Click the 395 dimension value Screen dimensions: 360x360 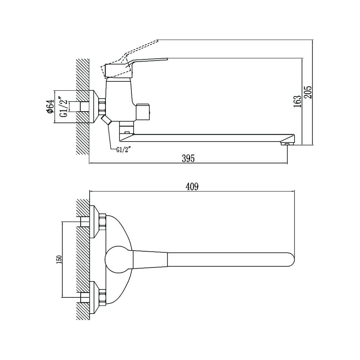point(188,158)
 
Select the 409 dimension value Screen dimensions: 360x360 point(192,187)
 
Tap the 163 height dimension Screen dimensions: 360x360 point(297,101)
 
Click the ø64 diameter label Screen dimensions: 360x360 point(50,106)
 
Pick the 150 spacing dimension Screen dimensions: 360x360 point(59,260)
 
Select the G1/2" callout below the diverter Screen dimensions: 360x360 point(123,150)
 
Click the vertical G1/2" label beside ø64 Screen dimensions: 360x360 point(65,107)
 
